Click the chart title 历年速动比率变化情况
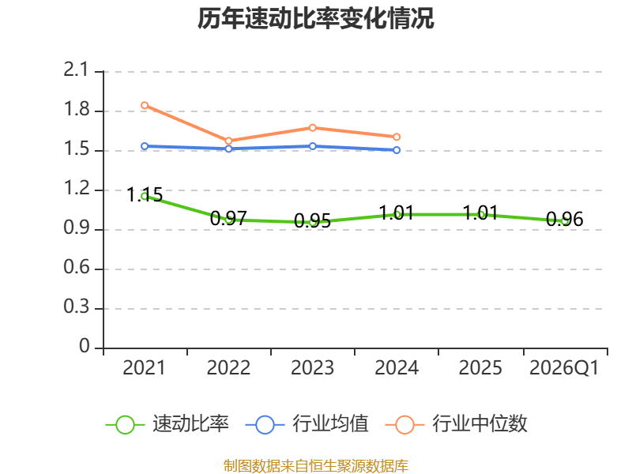315,18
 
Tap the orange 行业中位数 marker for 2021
145,105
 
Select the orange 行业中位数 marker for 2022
228,141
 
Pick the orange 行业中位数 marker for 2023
313,128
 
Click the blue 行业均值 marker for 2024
397,150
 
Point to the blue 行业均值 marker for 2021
145,146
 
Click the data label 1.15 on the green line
145,194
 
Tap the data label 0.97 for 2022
228,219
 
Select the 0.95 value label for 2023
312,221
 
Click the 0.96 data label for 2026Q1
565,220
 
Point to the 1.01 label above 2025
480,213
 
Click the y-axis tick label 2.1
76,70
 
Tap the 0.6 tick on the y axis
76,268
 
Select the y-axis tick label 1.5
76,149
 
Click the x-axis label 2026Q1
564,368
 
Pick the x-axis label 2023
312,368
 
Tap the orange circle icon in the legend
404,425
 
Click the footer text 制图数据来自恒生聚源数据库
316,466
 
